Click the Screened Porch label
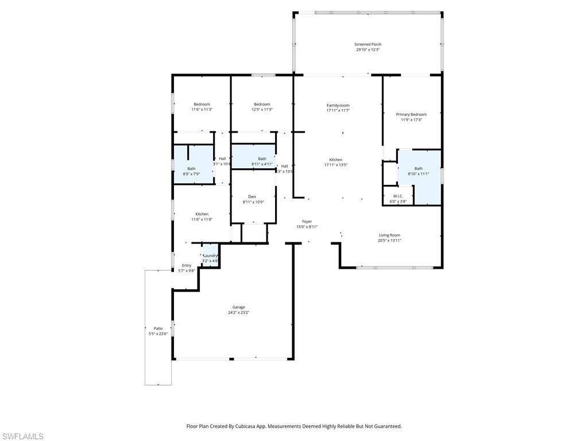[x=367, y=44]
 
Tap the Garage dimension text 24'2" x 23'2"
[x=238, y=312]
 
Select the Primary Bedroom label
[x=411, y=114]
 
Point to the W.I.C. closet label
[x=398, y=196]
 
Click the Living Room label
[x=389, y=235]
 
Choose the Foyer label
[x=307, y=221]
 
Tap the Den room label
[x=252, y=196]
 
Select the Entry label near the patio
[x=187, y=265]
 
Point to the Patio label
[x=158, y=328]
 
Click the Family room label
[x=338, y=105]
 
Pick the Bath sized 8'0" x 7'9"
[x=191, y=169]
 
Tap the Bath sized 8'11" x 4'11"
[x=262, y=159]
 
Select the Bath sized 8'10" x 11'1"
[x=418, y=168]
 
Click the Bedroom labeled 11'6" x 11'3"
[x=202, y=104]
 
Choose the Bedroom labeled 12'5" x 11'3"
[x=262, y=104]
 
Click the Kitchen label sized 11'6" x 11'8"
[x=202, y=214]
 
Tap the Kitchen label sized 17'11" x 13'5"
[x=336, y=160]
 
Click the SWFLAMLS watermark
[x=22, y=436]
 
